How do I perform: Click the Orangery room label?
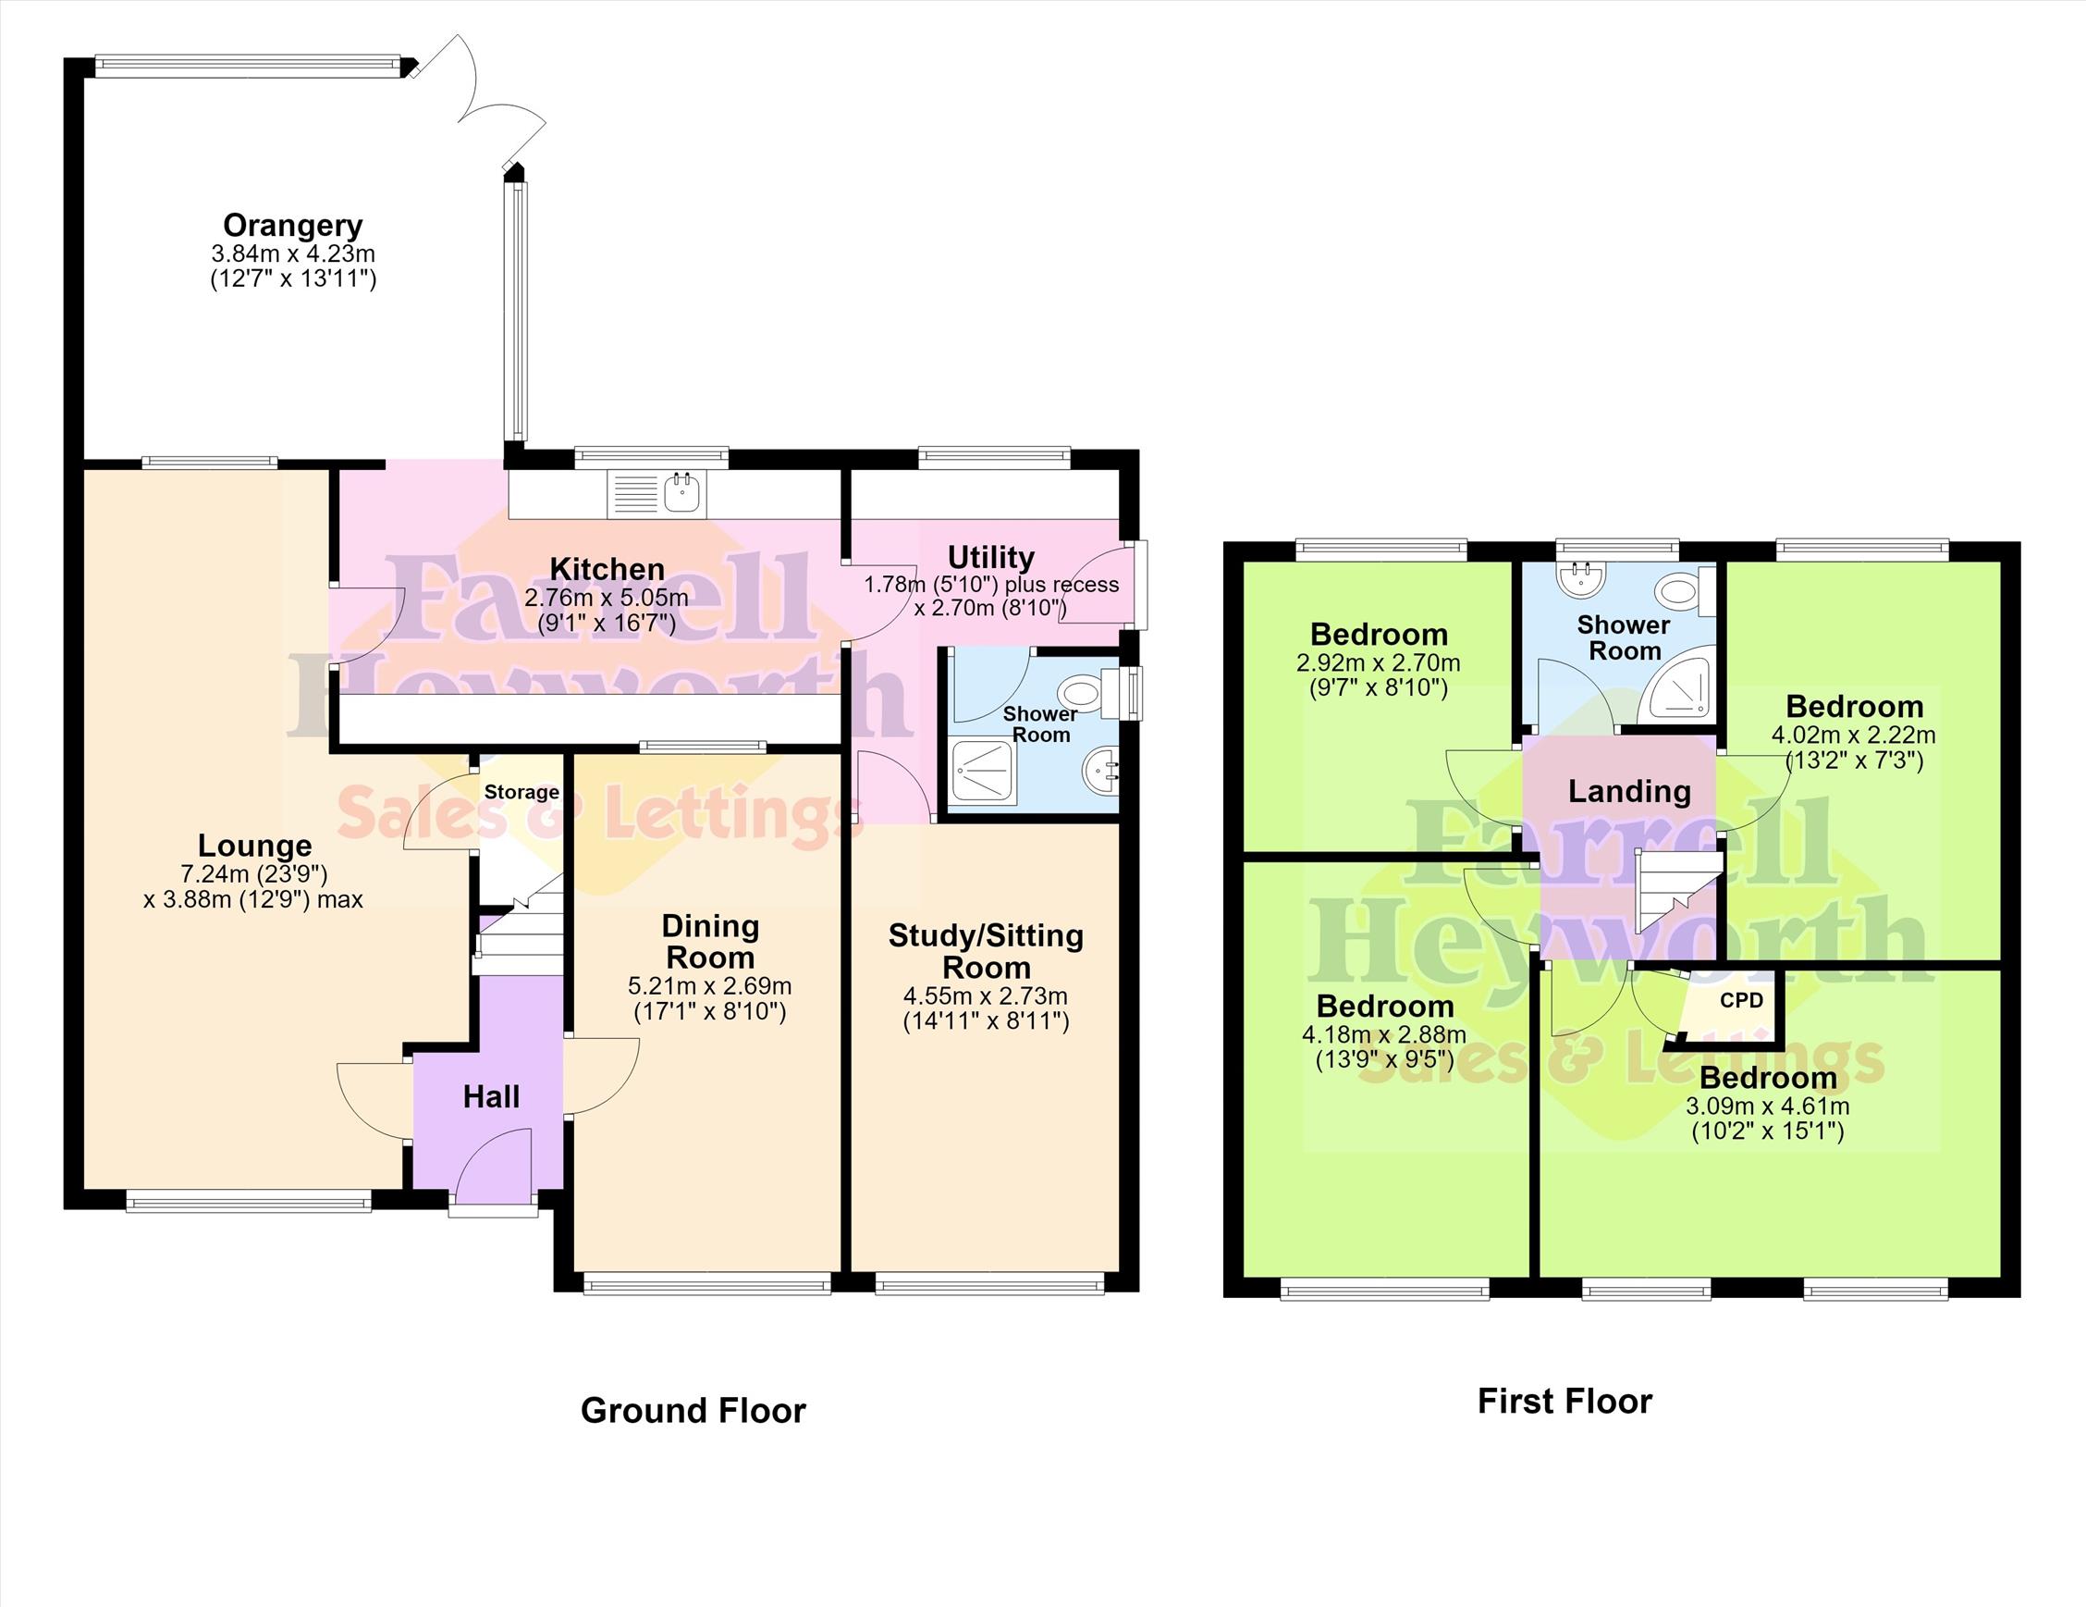(292, 226)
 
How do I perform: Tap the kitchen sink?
(657, 494)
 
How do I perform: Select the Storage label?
(521, 792)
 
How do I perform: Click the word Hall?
(491, 1097)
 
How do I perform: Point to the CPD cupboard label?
(1741, 1000)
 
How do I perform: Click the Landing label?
(1629, 791)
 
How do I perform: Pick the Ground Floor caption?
(693, 1410)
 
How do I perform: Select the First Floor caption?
(1564, 1401)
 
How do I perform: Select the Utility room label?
(990, 557)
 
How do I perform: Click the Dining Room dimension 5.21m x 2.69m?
(709, 986)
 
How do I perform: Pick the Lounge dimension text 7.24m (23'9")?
(254, 873)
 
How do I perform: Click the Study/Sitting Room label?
(986, 952)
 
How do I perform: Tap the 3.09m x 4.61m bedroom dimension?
(1768, 1106)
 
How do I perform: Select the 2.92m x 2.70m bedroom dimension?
(1379, 663)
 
